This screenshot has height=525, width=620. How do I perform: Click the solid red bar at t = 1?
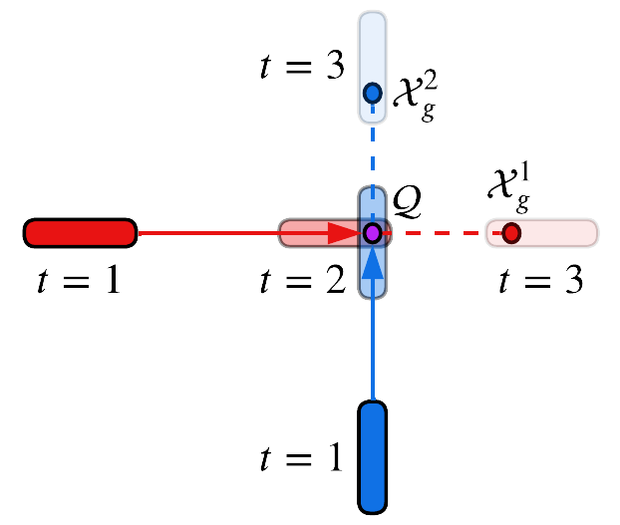(x=80, y=233)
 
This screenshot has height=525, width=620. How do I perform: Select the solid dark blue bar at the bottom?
(x=372, y=457)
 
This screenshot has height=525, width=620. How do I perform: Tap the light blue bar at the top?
(x=372, y=67)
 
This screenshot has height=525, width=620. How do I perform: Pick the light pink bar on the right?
(x=541, y=233)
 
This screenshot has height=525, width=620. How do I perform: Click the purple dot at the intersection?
(x=372, y=233)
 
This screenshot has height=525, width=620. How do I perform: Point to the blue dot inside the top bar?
(x=372, y=94)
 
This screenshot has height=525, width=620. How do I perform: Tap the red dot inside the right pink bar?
(x=511, y=233)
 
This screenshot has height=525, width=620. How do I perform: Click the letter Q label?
(x=407, y=201)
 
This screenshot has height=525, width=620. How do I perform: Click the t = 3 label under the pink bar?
(x=540, y=280)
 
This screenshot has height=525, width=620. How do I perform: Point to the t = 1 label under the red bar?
(x=79, y=280)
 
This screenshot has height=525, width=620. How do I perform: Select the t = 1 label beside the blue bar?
(x=301, y=457)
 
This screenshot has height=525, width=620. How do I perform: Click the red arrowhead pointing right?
(x=344, y=234)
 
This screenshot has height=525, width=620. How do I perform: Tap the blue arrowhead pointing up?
(x=372, y=263)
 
